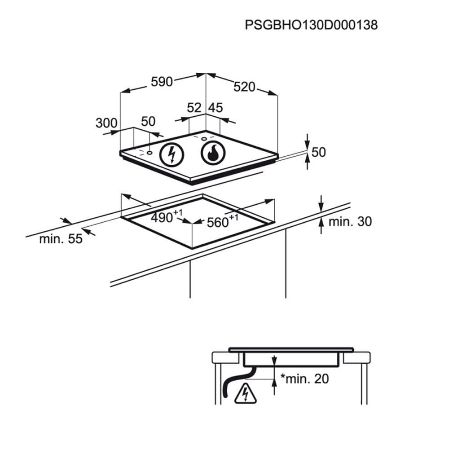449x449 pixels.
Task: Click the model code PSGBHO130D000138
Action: [311, 25]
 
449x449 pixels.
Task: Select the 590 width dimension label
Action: [162, 82]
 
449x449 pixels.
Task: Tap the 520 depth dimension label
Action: [244, 87]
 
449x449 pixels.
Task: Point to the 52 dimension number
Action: [194, 108]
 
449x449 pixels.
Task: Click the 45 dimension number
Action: [216, 108]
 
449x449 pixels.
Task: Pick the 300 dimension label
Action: [106, 123]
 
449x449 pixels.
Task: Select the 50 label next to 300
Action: [148, 121]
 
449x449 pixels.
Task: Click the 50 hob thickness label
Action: [318, 152]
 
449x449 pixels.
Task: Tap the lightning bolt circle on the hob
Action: [172, 154]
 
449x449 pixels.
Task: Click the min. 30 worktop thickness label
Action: [350, 221]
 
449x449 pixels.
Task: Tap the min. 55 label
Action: [61, 239]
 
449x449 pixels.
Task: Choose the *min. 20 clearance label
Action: [304, 379]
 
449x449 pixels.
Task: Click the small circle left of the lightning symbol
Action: [149, 152]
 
